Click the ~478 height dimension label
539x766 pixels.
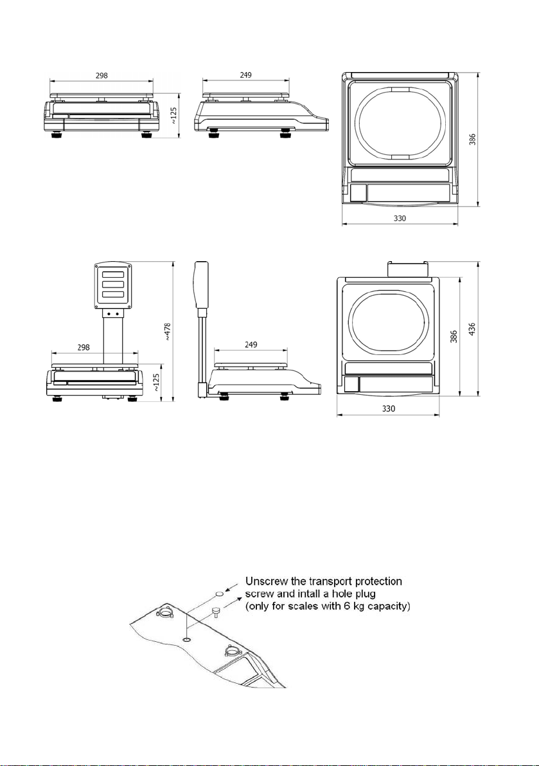click(x=167, y=331)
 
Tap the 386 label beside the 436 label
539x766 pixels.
click(x=454, y=336)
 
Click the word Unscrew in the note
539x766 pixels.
click(x=265, y=581)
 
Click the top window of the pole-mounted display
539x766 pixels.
click(x=112, y=274)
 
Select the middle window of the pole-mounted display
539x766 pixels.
click(x=112, y=284)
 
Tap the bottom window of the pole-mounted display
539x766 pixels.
click(x=112, y=295)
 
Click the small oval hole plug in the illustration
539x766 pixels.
click(x=220, y=593)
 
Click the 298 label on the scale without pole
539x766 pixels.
click(x=102, y=75)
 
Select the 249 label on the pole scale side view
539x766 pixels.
click(x=251, y=344)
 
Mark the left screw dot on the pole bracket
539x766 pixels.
click(x=109, y=314)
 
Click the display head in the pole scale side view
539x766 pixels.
click(x=201, y=285)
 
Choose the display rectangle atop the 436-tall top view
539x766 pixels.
click(x=409, y=269)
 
